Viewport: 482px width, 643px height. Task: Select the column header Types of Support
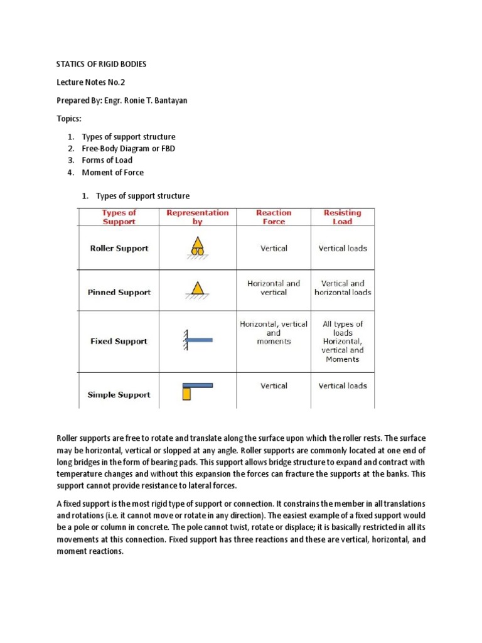coord(119,217)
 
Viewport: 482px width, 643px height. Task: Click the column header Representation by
coord(198,217)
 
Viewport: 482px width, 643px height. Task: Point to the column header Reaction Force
coord(274,217)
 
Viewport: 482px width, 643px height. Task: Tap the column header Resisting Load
coord(342,217)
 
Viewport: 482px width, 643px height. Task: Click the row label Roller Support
coord(119,248)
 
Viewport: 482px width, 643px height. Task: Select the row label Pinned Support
coord(119,292)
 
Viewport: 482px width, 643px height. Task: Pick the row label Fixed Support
coord(119,341)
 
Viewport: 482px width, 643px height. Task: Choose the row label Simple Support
coord(119,394)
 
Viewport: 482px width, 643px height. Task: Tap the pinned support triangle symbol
coord(197,289)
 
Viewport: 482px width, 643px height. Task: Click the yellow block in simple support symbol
coord(186,394)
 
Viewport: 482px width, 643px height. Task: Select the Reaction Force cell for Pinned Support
coord(274,288)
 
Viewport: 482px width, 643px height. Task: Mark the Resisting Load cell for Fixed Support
coord(342,342)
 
